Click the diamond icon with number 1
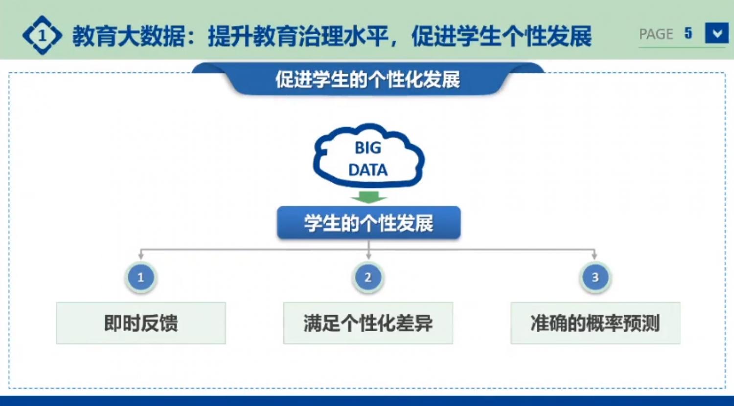(x=42, y=35)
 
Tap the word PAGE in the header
(x=656, y=34)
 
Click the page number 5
(x=688, y=33)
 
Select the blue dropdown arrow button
(x=717, y=33)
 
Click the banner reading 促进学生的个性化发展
(x=367, y=79)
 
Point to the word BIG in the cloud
(x=367, y=148)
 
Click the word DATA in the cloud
(x=367, y=170)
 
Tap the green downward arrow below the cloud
(x=369, y=197)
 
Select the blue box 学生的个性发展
(x=369, y=222)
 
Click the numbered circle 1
(x=141, y=278)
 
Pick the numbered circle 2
(x=368, y=278)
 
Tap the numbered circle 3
(x=596, y=278)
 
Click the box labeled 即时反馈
(x=141, y=323)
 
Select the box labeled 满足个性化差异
(x=368, y=323)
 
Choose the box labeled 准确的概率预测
(x=596, y=323)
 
